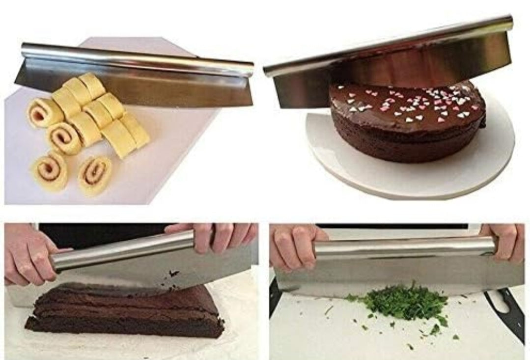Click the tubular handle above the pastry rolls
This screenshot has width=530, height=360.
pyautogui.click(x=138, y=59)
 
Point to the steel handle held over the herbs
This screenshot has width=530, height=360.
pyautogui.click(x=403, y=248)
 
